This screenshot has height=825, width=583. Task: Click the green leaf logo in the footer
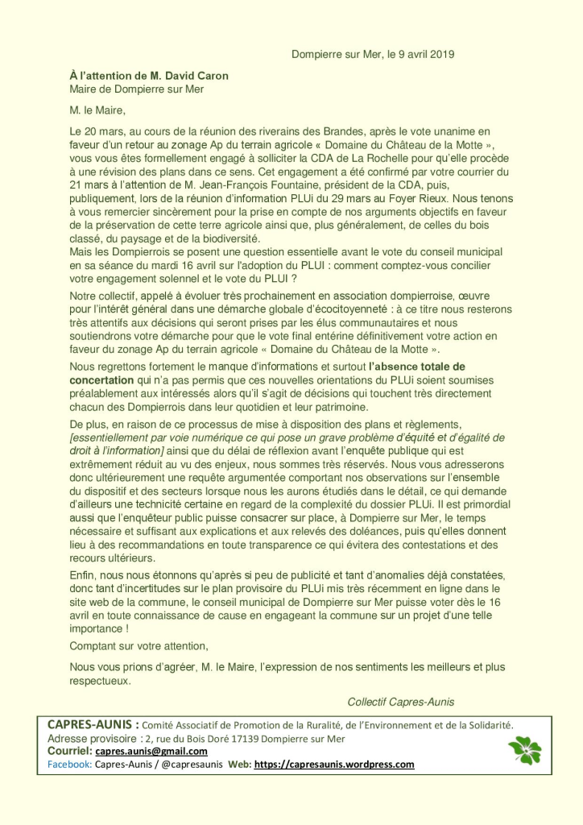tap(524, 750)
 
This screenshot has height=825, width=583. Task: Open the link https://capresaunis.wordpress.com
tap(334, 764)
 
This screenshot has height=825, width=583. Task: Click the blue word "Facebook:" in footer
tap(69, 764)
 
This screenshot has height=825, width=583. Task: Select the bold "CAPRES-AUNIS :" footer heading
tap(93, 724)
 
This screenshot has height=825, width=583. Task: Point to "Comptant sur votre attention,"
tap(139, 645)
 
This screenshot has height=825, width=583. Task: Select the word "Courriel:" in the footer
tap(69, 751)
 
